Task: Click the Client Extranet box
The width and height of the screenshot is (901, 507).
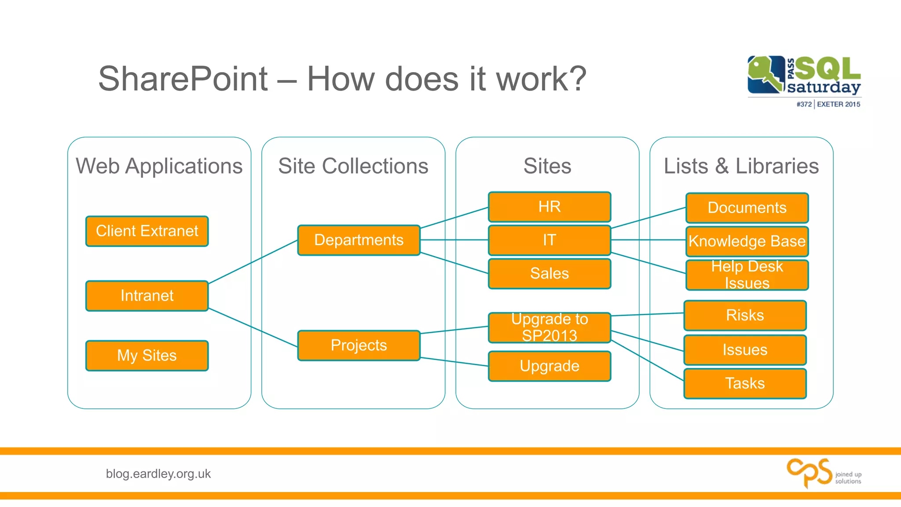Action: [x=147, y=231]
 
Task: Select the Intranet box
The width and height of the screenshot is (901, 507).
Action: [x=147, y=296]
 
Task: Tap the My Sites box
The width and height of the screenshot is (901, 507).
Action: [x=147, y=356]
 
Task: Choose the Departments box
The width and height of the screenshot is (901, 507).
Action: [x=359, y=240]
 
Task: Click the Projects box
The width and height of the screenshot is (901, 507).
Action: [x=359, y=345]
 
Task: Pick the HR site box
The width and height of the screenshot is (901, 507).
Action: [x=549, y=207]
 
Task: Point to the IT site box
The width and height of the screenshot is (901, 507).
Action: [x=549, y=240]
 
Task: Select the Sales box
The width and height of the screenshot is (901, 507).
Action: [x=549, y=274]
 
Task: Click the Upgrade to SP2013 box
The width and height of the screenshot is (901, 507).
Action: [x=549, y=327]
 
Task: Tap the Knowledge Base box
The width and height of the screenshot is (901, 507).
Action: [x=747, y=241]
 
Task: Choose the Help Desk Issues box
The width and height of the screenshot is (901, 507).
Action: [x=747, y=275]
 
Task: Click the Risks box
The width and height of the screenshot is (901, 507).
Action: [x=745, y=315]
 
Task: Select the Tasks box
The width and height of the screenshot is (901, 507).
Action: [x=745, y=383]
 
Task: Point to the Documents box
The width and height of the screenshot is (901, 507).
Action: [x=747, y=208]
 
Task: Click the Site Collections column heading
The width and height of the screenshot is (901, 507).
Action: [x=353, y=166]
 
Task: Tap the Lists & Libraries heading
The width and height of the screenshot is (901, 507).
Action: [x=741, y=166]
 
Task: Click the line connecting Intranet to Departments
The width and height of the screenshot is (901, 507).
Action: [x=253, y=262]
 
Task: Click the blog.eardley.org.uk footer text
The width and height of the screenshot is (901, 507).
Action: [x=158, y=474]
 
